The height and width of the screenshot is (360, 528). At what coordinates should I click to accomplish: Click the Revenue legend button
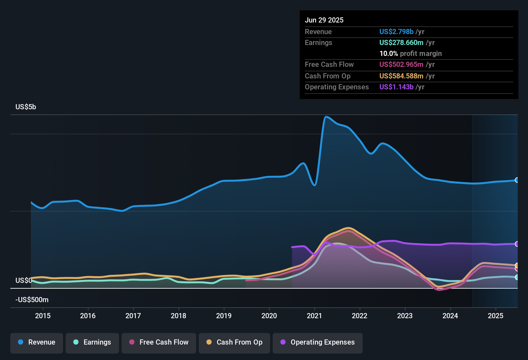pos(37,343)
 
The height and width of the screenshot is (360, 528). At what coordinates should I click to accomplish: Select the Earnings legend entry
pos(92,343)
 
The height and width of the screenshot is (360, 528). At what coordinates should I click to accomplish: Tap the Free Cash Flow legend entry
pos(159,343)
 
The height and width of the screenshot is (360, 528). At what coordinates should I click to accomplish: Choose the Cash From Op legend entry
pos(234,343)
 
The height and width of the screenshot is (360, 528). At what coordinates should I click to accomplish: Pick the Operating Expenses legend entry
pos(318,343)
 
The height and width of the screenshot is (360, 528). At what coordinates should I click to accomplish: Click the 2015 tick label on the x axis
pos(43,316)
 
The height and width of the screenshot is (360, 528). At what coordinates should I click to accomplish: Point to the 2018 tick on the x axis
pos(178,316)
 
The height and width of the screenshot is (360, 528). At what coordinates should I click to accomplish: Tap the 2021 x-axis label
pos(314,316)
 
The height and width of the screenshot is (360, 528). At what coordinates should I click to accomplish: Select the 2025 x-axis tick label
pos(496,316)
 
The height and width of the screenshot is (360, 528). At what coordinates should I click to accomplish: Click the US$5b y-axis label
pos(26,107)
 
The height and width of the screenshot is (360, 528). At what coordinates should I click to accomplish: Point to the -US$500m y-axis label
pos(32,300)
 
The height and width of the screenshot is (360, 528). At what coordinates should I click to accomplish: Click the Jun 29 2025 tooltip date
pos(324,20)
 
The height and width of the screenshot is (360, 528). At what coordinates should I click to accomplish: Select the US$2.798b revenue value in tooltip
pos(396,32)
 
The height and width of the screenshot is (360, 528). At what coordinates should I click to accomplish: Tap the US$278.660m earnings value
pos(401,43)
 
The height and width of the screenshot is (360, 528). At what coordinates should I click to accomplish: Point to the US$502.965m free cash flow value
pos(401,65)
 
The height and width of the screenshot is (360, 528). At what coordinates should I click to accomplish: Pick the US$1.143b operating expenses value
pos(396,87)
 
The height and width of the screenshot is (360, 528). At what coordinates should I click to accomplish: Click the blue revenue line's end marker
pos(517,180)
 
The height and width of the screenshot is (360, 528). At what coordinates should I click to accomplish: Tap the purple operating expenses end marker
pos(517,244)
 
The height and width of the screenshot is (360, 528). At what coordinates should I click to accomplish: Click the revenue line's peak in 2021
pos(326,117)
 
